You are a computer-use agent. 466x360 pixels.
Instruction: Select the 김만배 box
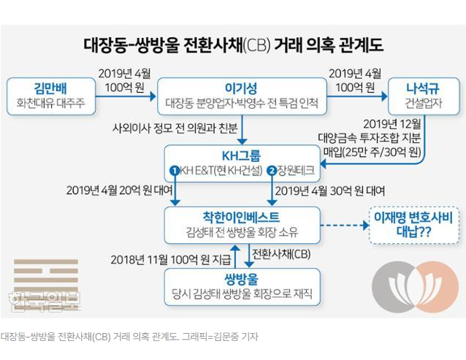[50, 96]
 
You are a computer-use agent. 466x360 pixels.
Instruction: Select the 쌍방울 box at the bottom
[242, 286]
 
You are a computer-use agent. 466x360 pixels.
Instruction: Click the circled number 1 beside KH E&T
[175, 171]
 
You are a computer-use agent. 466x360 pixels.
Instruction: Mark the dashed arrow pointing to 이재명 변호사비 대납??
[341, 225]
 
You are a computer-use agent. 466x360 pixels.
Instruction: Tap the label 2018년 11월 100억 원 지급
[167, 258]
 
